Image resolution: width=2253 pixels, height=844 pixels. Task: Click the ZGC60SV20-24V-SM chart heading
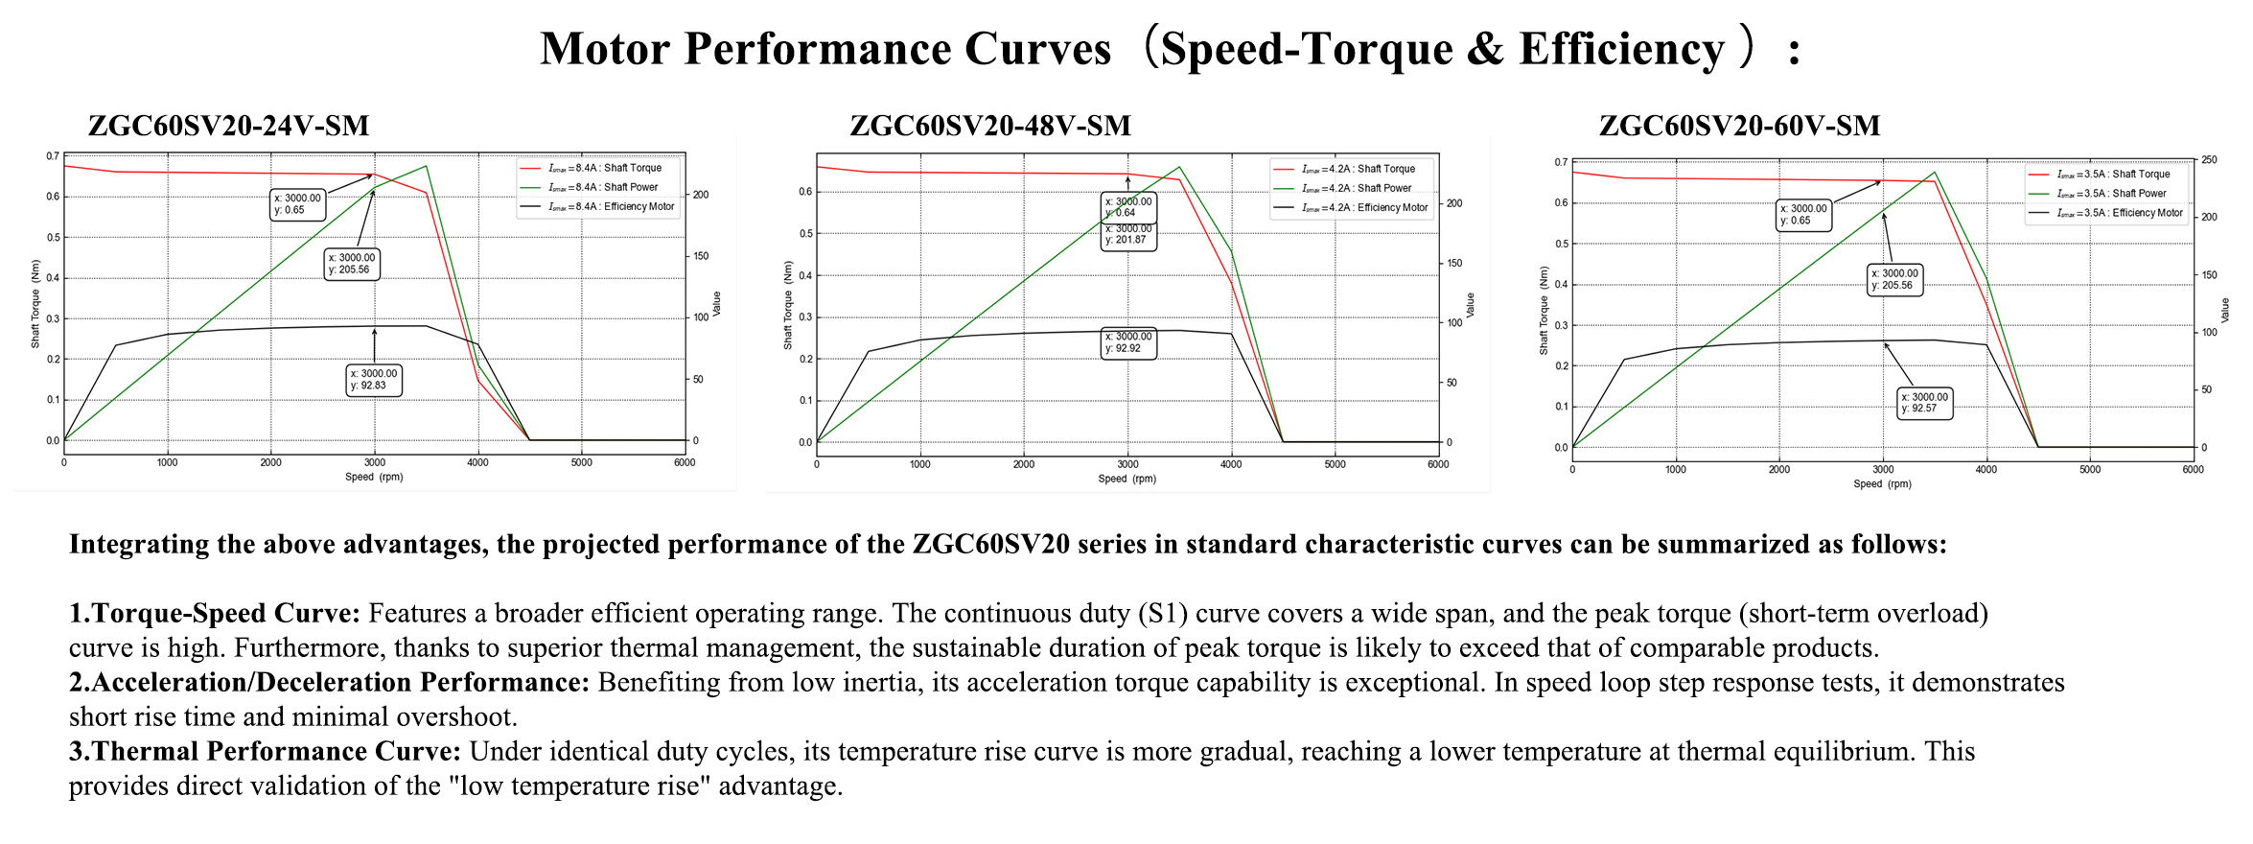228,126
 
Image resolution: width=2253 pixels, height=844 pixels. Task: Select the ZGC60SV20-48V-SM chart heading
990,126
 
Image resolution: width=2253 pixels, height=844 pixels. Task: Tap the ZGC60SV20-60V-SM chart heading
1739,126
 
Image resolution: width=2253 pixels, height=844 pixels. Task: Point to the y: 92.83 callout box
374,380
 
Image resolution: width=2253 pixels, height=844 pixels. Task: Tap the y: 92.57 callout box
1925,403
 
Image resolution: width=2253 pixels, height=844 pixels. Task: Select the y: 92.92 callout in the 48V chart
1128,342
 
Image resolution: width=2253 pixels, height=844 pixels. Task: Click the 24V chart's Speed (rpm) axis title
374,477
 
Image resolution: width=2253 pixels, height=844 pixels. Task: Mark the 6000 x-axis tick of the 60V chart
2193,470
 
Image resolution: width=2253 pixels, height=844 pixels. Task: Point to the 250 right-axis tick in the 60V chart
2209,160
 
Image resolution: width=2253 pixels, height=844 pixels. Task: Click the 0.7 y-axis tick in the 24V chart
53,155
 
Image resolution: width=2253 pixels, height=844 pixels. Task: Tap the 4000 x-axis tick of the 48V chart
1231,465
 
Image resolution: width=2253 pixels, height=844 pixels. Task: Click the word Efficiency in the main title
1621,49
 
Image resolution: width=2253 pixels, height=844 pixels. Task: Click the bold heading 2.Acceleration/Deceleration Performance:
329,682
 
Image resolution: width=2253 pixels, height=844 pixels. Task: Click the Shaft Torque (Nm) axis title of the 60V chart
1544,311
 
